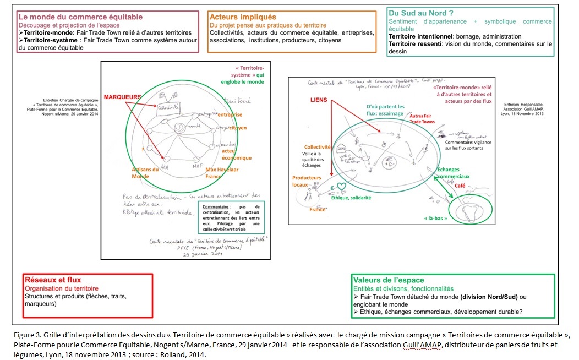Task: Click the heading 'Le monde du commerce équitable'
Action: coord(80,17)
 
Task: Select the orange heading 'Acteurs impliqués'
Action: coord(242,17)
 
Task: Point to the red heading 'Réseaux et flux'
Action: coord(53,280)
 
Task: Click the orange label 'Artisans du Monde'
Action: coord(145,173)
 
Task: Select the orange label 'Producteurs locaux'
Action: coord(307,181)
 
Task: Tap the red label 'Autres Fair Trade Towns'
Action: coord(422,119)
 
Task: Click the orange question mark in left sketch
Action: coord(143,149)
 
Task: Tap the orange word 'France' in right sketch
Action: coord(318,210)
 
